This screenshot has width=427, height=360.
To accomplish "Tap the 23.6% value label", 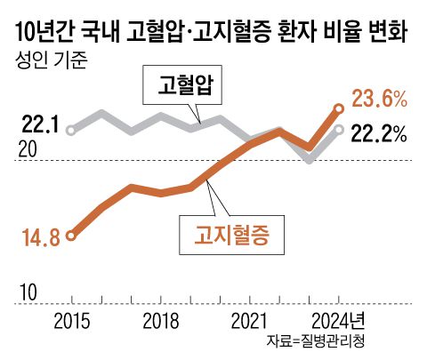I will (x=380, y=97).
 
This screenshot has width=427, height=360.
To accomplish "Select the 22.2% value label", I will (x=380, y=133).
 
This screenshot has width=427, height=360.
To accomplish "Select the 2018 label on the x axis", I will (x=161, y=321).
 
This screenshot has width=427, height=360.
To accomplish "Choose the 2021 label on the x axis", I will (x=250, y=321).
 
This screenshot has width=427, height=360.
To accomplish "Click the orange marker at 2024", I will (x=339, y=108).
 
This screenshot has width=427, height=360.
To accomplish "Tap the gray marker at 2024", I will (x=339, y=130).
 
